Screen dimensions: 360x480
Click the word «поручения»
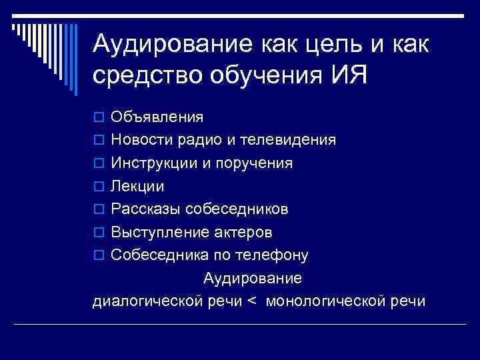click(256, 163)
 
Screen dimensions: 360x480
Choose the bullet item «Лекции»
click(137, 186)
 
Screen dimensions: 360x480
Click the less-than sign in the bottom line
click(251, 301)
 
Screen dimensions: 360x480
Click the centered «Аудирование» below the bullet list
click(253, 278)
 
